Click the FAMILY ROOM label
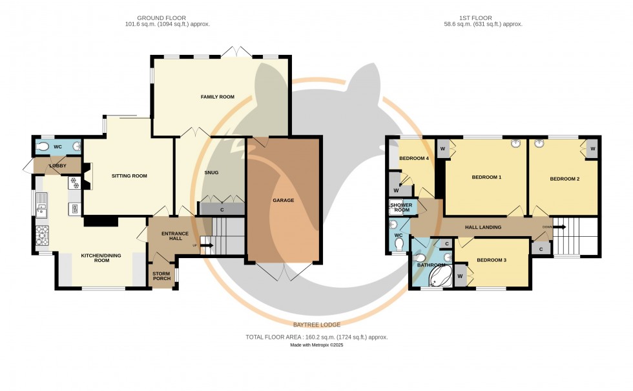click(217, 97)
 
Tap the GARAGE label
click(283, 201)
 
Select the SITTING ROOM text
click(129, 175)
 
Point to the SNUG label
click(211, 172)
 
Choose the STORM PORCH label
click(161, 277)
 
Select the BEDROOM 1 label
click(486, 177)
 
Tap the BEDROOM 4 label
click(414, 158)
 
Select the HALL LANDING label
click(483, 227)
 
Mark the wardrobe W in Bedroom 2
click(592, 149)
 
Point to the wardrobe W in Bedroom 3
click(460, 276)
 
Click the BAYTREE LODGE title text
click(316, 325)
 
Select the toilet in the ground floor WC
click(43, 147)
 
